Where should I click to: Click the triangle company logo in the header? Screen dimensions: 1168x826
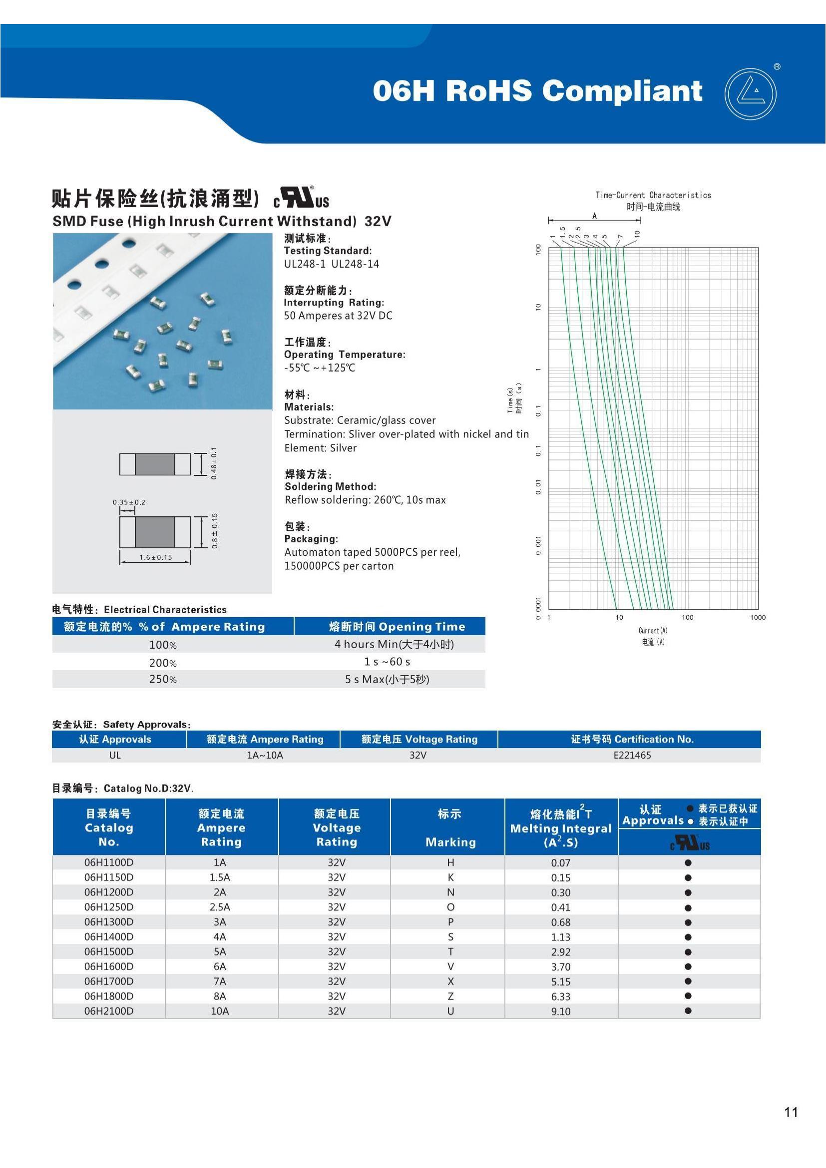point(750,94)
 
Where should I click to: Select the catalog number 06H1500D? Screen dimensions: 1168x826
point(109,951)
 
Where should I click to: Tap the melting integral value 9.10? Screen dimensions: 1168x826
point(560,1011)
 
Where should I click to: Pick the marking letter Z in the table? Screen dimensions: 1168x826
point(450,996)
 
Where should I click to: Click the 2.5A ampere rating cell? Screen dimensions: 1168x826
point(220,907)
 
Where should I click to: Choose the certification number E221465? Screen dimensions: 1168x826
point(632,755)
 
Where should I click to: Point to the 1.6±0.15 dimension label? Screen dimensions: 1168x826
point(156,557)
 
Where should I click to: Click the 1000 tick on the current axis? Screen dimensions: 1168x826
point(758,617)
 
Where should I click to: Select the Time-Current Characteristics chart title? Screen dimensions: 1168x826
point(653,195)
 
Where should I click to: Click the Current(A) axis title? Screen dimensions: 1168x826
point(653,630)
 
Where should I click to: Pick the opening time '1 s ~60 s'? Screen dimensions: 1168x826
point(387,661)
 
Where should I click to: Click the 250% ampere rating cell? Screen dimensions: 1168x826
point(163,679)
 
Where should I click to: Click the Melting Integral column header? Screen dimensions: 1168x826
point(560,828)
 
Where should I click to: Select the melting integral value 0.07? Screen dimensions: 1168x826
point(560,863)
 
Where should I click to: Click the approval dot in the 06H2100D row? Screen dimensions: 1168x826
point(688,1011)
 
